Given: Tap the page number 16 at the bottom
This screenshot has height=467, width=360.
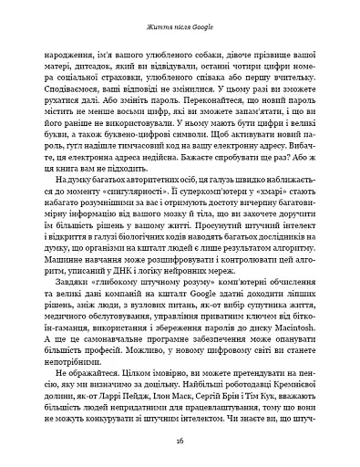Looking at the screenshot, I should [180, 440].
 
